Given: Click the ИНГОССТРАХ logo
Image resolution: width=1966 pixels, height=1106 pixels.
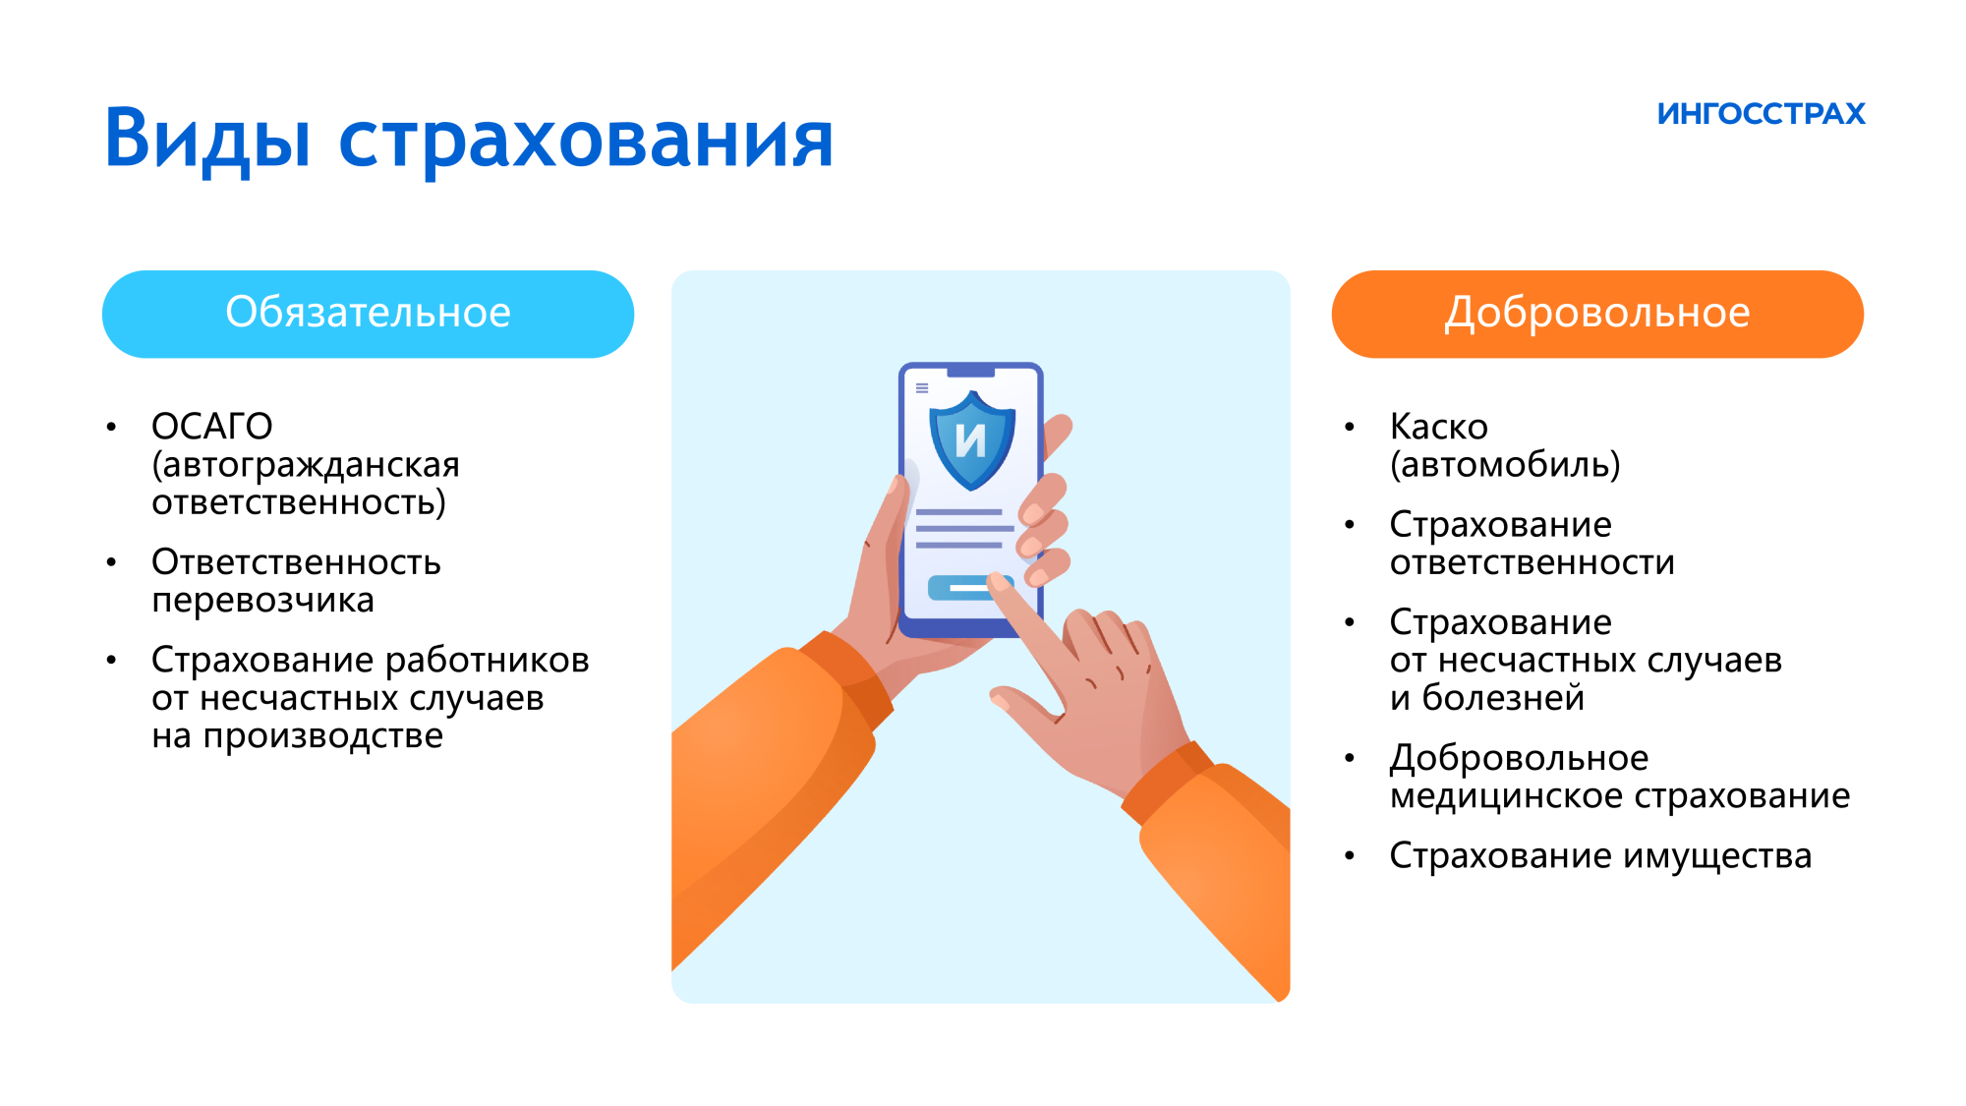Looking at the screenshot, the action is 1761,114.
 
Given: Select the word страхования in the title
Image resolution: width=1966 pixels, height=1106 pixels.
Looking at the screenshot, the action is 586,143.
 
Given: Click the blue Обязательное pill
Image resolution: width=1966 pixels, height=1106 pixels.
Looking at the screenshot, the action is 368,314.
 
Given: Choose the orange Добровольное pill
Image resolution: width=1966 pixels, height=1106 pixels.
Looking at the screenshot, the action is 1597,314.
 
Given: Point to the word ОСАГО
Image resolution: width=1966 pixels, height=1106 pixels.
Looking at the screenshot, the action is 212,427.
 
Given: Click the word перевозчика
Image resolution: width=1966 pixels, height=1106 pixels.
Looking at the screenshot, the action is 262,601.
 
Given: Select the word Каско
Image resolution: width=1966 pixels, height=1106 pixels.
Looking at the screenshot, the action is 1438,427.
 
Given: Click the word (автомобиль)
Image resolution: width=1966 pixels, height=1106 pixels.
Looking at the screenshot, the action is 1505,465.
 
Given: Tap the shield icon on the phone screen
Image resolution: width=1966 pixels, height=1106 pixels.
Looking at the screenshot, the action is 971,439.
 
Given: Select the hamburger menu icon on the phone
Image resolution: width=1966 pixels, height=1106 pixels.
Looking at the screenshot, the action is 922,388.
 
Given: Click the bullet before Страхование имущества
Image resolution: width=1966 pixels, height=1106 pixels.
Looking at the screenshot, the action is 1350,856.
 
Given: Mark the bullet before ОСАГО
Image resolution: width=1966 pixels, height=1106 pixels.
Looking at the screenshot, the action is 111,427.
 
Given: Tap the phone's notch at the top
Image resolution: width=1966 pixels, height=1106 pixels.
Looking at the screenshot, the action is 970,371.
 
